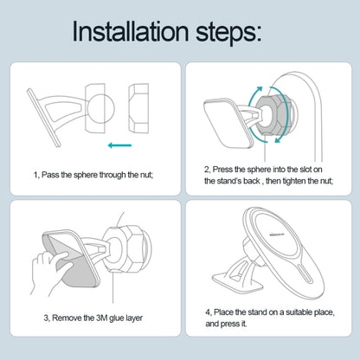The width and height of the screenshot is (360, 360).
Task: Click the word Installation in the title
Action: pyautogui.click(x=131, y=31)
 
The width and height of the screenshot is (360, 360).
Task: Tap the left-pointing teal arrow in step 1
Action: pyautogui.click(x=119, y=145)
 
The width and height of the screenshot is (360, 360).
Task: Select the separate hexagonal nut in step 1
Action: pyautogui.click(x=138, y=108)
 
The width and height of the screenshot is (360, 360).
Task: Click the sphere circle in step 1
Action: pyautogui.click(x=101, y=109)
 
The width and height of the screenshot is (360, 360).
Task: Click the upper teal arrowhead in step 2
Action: pyautogui.click(x=259, y=90)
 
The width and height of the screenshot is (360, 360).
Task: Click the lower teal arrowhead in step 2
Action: pyautogui.click(x=278, y=139)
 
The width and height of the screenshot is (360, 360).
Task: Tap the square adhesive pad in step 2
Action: pyautogui.click(x=228, y=124)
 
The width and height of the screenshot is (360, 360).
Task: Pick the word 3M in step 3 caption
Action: pyautogui.click(x=101, y=318)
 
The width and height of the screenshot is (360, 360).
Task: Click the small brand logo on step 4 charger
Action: pyautogui.click(x=276, y=235)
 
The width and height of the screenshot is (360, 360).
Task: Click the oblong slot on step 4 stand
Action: pyautogui.click(x=305, y=273)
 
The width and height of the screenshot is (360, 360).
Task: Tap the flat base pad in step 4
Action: pyautogui.click(x=237, y=281)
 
